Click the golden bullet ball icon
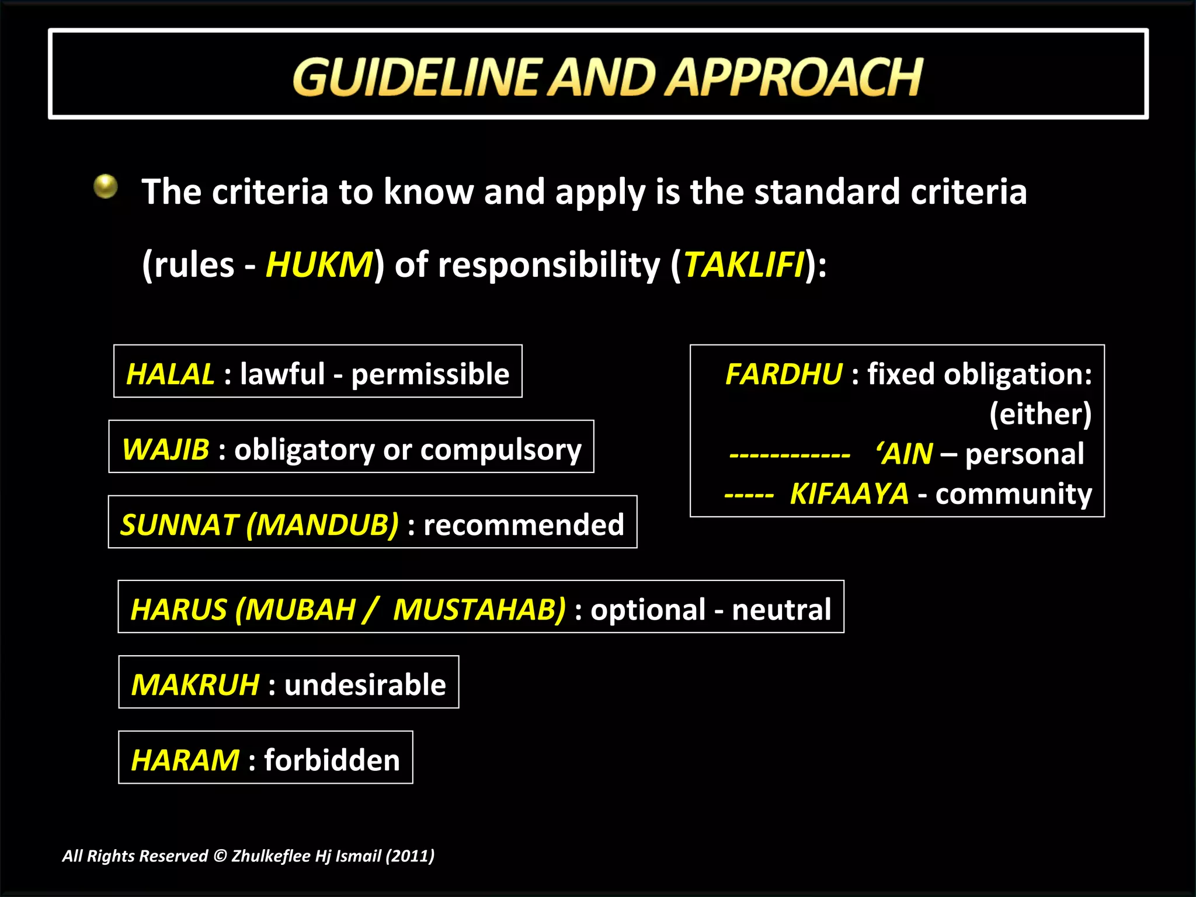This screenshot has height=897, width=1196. tap(106, 187)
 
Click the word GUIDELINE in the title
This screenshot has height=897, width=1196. tap(415, 77)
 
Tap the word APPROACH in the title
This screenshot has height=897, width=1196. tap(794, 77)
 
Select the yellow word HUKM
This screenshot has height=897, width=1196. tap(319, 265)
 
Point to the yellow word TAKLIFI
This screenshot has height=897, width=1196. tap(743, 265)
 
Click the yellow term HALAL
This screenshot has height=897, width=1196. tap(171, 374)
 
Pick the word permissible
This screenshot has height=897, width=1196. tap(430, 374)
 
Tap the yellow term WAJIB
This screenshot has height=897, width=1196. tap(166, 450)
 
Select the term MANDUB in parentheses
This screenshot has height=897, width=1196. tap(323, 524)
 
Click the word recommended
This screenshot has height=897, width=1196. tap(524, 524)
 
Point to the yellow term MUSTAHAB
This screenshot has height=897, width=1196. tap(479, 610)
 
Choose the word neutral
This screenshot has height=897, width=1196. tap(781, 610)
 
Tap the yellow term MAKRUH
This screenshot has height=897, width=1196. tap(195, 684)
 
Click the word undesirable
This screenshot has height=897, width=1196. tap(365, 684)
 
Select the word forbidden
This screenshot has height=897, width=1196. tap(332, 760)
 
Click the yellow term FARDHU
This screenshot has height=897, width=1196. tap(784, 374)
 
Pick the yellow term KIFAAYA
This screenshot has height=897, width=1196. tap(849, 494)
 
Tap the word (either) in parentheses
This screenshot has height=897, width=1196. tap(1040, 414)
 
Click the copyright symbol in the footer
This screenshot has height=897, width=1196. tap(220, 856)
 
